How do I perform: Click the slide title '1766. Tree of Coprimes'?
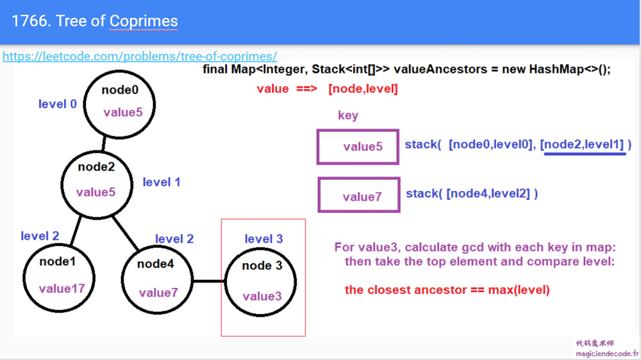(x=94, y=21)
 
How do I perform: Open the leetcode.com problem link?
(x=140, y=56)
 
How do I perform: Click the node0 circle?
(x=121, y=102)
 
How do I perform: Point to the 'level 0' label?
(x=57, y=104)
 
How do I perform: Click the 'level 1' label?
(x=161, y=183)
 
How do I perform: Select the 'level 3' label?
(x=263, y=239)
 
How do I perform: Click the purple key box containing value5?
(x=358, y=147)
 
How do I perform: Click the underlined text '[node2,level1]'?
(x=583, y=145)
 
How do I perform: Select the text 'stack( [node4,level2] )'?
(x=472, y=193)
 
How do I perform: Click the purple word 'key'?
(x=347, y=116)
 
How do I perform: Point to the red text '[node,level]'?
(x=363, y=89)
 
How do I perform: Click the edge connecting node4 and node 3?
(x=209, y=281)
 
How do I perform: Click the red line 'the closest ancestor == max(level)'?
(x=447, y=290)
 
